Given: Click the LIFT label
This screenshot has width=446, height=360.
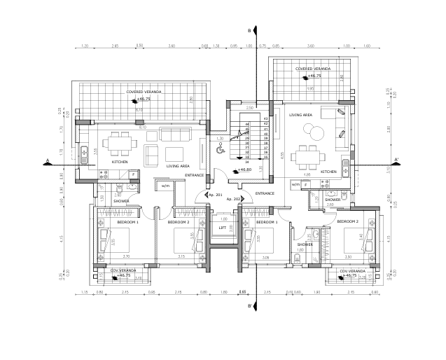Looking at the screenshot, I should pos(223,228).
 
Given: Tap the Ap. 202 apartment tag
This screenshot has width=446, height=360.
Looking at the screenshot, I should pos(234,200).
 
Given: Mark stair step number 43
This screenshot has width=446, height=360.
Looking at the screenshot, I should pos(266,119).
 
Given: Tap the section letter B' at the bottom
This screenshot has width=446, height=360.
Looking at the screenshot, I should pos(250,306).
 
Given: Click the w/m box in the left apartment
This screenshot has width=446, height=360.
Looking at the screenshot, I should pos(165,186).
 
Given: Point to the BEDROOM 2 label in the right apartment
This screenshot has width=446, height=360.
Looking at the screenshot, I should pos(347,221).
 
